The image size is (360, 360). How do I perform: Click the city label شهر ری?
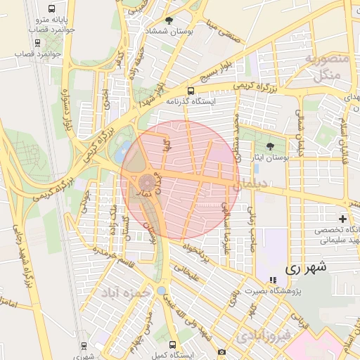tap(307, 269)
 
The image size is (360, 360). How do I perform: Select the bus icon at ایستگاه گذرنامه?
tap(191, 91)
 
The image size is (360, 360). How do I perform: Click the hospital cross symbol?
tap(343, 219)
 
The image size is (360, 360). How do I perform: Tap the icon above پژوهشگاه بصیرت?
tap(273, 280)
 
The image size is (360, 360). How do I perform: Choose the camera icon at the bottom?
tap(222, 352)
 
